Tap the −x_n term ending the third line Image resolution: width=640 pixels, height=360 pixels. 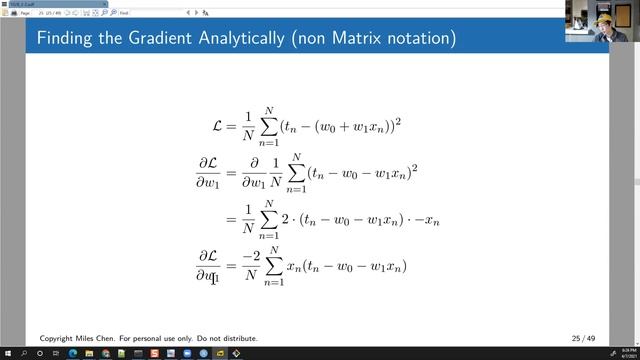coord(433,219)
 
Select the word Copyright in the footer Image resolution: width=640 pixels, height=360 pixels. coord(58,339)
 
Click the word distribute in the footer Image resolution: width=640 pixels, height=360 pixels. coord(239,339)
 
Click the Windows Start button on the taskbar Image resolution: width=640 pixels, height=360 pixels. coord(7,353)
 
